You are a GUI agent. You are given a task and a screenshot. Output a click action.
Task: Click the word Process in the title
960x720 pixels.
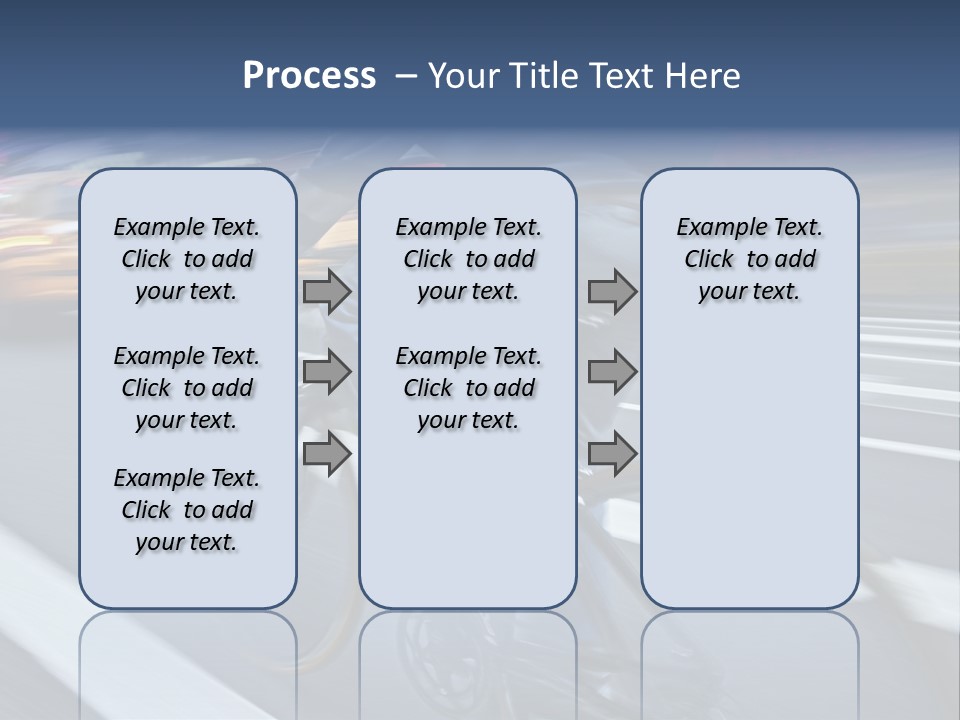pos(309,75)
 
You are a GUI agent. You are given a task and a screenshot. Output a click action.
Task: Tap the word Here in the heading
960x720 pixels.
pos(699,75)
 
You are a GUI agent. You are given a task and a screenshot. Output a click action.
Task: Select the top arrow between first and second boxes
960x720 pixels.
pos(327,291)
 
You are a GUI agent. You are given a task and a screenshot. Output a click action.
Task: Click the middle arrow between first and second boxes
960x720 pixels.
pos(327,372)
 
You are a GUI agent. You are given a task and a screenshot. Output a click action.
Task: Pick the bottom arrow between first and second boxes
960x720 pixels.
pos(327,453)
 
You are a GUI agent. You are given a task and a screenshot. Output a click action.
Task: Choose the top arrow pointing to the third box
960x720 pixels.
pos(612,291)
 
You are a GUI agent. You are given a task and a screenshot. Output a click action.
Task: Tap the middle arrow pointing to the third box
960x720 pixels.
pos(612,372)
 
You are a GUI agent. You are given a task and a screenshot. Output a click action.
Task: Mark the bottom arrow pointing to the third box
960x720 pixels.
pos(612,453)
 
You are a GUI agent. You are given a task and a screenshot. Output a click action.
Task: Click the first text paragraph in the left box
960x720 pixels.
pos(187,259)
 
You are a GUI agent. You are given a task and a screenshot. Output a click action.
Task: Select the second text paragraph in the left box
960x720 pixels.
pos(187,388)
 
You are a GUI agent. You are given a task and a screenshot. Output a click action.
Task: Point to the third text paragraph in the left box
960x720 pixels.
pos(187,510)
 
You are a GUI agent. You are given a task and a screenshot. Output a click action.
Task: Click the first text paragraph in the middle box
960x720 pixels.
pos(468,259)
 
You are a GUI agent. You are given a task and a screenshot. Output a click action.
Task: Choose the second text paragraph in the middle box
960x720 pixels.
pos(468,388)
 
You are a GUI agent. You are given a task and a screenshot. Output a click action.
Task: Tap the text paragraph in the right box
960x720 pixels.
pos(750,259)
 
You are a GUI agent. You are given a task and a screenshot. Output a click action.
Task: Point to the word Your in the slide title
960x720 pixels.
pos(463,75)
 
